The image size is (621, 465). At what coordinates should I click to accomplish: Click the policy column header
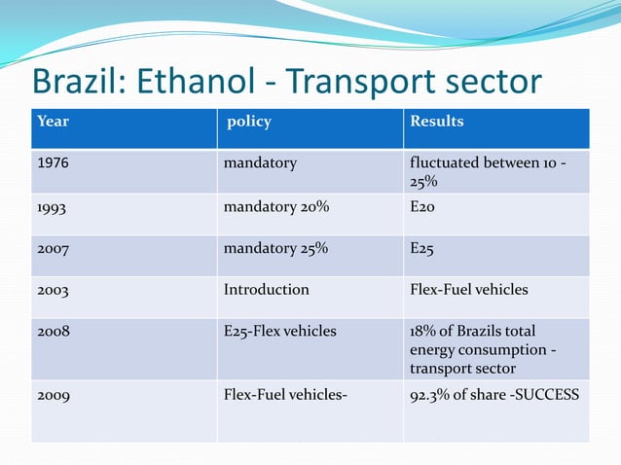pos(248,122)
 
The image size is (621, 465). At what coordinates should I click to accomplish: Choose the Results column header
pos(436,122)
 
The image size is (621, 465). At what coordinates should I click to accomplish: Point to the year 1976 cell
pos(53,163)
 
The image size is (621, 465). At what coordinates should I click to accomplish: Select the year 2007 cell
pos(53,249)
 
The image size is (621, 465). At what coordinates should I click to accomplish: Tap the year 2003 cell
pos(53,290)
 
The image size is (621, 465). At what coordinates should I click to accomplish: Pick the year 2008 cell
pos(53,332)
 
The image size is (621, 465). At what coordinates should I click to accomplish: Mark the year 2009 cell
pos(53,395)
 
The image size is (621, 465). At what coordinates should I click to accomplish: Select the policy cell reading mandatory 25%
pos(275,249)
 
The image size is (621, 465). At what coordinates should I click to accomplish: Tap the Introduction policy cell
pos(266,290)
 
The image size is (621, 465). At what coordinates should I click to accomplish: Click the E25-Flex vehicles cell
pos(279,332)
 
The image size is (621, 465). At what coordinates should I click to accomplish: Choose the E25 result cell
pos(422,249)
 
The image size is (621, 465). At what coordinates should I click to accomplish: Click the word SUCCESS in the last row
pos(548,395)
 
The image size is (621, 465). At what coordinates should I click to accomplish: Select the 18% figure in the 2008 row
pos(422,332)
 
